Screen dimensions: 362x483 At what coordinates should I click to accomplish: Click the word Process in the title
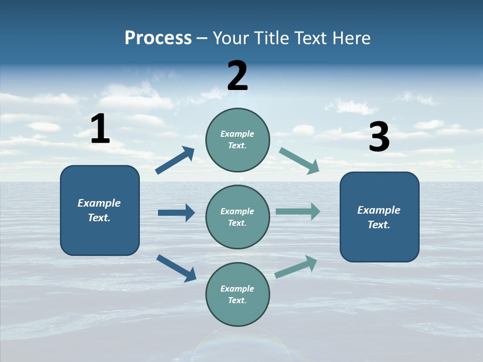tap(158, 38)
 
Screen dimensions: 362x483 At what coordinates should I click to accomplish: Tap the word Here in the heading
tap(350, 38)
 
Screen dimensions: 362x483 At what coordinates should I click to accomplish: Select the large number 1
tap(100, 129)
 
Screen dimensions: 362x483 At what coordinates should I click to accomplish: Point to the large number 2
tap(237, 76)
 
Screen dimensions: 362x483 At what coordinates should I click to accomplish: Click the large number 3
tap(379, 137)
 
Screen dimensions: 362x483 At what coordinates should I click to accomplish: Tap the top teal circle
tap(237, 140)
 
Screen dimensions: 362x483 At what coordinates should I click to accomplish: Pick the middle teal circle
tap(237, 217)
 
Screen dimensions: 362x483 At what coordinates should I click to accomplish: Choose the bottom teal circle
tap(237, 294)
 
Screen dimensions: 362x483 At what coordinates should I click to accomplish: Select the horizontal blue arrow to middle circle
tap(177, 213)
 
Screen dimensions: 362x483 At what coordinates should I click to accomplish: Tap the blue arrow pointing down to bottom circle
tap(177, 268)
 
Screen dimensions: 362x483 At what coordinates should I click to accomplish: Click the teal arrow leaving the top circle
tap(299, 161)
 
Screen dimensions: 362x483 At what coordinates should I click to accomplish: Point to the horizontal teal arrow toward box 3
tap(298, 211)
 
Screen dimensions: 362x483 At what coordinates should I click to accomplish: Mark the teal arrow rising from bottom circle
tap(296, 267)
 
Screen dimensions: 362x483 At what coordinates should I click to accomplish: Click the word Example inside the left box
tap(99, 203)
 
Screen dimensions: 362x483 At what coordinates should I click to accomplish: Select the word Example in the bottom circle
tap(237, 289)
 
